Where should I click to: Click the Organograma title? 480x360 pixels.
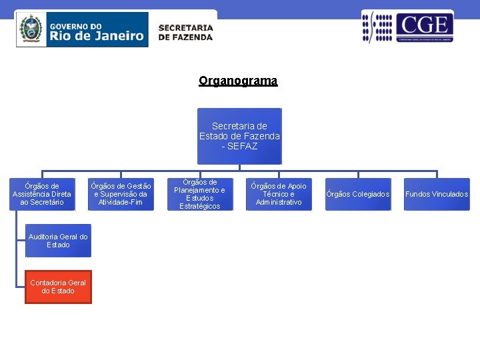point(238,81)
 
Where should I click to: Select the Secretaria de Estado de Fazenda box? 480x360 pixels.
point(239,136)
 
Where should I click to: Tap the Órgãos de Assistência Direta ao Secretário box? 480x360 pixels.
point(41,194)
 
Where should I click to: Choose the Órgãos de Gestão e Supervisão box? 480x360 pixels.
point(121,194)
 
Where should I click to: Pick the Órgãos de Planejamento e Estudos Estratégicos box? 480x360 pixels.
point(199,194)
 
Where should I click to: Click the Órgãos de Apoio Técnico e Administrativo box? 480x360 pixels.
point(279,194)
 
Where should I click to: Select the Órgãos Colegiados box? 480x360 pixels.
point(358,194)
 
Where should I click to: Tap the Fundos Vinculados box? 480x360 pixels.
point(437,194)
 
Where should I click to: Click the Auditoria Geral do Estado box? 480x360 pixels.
point(58,241)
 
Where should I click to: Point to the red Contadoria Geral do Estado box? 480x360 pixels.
point(59,287)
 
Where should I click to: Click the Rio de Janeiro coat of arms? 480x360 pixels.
point(31,29)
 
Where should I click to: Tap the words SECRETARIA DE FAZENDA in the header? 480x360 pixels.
point(185,33)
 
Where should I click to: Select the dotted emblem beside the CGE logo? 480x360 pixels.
point(377,27)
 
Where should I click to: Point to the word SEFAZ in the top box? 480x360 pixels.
point(243,146)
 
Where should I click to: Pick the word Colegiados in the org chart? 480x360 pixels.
point(370,194)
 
